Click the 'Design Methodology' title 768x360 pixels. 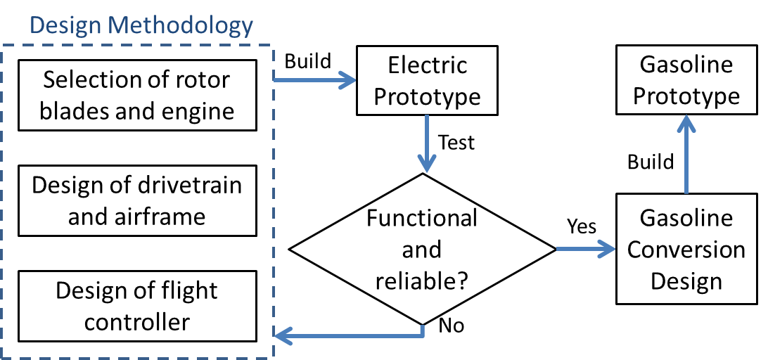[141, 26]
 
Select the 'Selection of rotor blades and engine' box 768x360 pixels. [136, 95]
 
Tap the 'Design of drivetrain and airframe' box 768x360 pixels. [136, 200]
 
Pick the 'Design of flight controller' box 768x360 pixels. [136, 306]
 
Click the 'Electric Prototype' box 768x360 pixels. [427, 80]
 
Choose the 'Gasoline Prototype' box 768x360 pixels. [686, 80]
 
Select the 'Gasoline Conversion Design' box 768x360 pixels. [686, 250]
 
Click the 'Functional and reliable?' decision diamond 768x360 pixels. [422, 249]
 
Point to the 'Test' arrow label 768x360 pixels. [456, 143]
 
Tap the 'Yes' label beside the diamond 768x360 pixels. [582, 226]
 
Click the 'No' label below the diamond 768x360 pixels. [452, 326]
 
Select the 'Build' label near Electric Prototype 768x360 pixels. [307, 61]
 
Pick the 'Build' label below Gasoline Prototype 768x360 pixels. [651, 162]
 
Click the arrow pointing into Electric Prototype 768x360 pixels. [316, 81]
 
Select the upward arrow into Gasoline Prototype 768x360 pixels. [686, 155]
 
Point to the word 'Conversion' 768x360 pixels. [686, 250]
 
